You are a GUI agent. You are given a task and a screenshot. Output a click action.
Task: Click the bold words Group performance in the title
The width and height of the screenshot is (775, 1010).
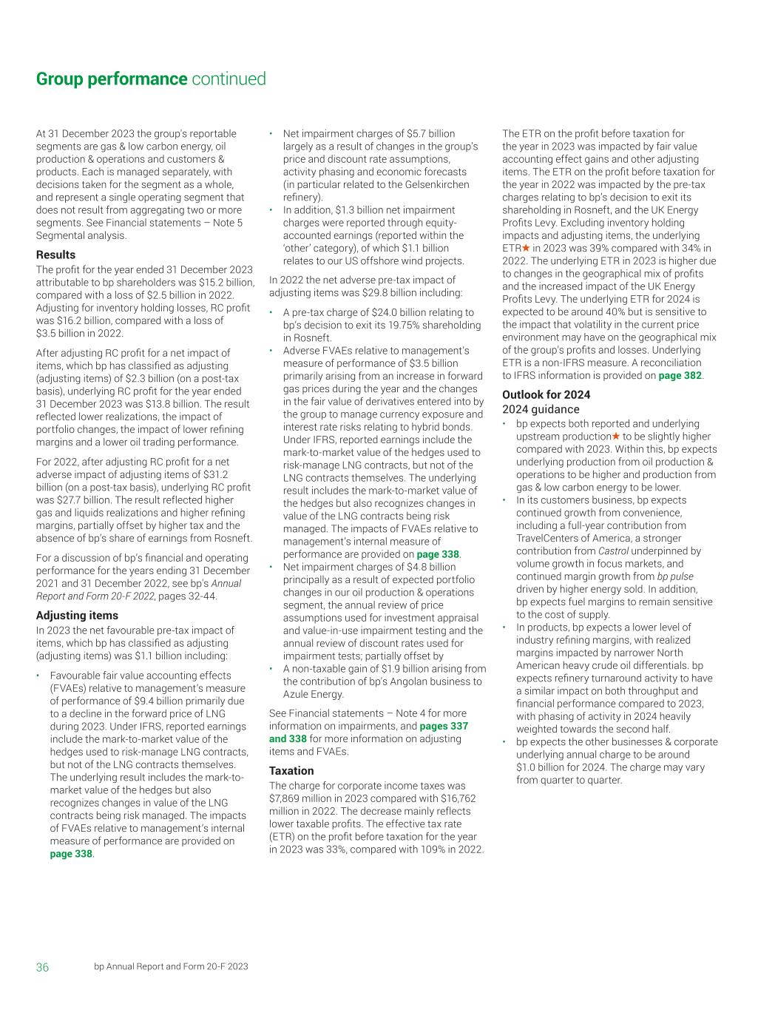(x=111, y=79)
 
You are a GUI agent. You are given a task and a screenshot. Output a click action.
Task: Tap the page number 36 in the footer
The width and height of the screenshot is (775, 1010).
(x=42, y=967)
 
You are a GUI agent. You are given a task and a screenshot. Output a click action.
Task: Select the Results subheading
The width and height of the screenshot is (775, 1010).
(x=55, y=255)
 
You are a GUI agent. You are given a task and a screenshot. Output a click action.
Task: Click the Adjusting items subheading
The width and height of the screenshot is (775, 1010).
(x=77, y=615)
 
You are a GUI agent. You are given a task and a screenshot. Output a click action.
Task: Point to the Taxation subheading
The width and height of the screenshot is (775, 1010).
(x=291, y=770)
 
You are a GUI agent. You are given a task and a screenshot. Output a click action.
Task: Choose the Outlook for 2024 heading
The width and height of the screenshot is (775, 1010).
(x=546, y=394)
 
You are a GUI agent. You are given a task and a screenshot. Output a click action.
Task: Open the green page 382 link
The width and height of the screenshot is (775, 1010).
(x=680, y=375)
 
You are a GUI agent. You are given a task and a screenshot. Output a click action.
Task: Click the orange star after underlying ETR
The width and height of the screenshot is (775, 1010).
(x=527, y=248)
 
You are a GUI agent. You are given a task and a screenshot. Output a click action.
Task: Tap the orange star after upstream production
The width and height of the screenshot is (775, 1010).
(x=616, y=437)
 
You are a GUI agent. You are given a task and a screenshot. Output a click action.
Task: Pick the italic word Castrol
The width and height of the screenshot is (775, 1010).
(x=613, y=551)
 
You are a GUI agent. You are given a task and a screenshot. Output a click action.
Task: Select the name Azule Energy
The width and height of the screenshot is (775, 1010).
(x=314, y=694)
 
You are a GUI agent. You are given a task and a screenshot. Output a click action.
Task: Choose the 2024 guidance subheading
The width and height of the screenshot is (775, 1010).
(x=541, y=409)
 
